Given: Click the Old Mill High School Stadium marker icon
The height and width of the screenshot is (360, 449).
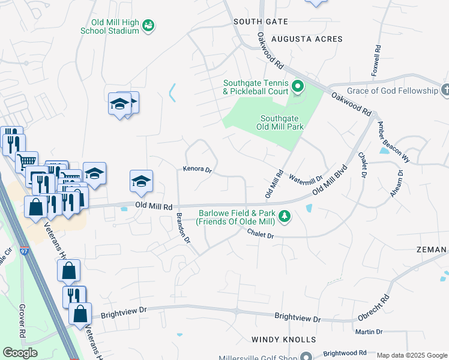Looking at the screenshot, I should click(x=148, y=25).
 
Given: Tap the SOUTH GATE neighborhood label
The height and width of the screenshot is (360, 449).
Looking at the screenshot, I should click(x=261, y=22).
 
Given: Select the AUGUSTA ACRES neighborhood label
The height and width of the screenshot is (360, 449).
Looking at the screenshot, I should click(x=307, y=39).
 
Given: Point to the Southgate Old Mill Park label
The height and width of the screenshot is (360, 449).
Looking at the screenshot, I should click(x=282, y=122).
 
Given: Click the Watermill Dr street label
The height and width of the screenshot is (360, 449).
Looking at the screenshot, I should click(x=306, y=178).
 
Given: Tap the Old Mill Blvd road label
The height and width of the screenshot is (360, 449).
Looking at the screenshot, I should click(x=330, y=178).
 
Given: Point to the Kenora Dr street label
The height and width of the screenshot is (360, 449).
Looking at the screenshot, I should click(x=198, y=170).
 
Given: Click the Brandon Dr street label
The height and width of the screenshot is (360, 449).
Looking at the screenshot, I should click(x=182, y=229).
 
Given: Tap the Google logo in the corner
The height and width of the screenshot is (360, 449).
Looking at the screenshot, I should click(x=20, y=353).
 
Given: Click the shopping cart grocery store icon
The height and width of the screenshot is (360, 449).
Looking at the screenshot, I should click(x=26, y=161).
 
